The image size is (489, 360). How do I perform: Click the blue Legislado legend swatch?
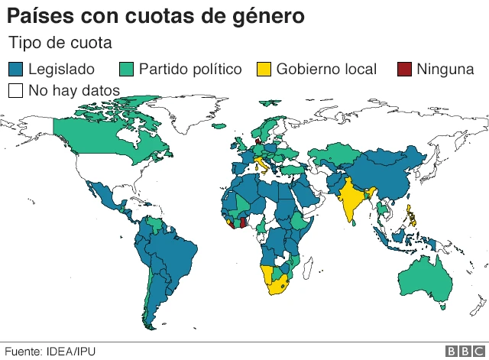tap(15, 70)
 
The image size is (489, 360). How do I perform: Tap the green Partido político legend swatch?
tap(127, 70)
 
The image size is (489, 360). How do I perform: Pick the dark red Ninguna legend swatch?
tap(405, 70)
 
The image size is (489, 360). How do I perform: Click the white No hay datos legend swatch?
tap(15, 90)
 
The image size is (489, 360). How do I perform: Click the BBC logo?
tap(461, 351)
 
